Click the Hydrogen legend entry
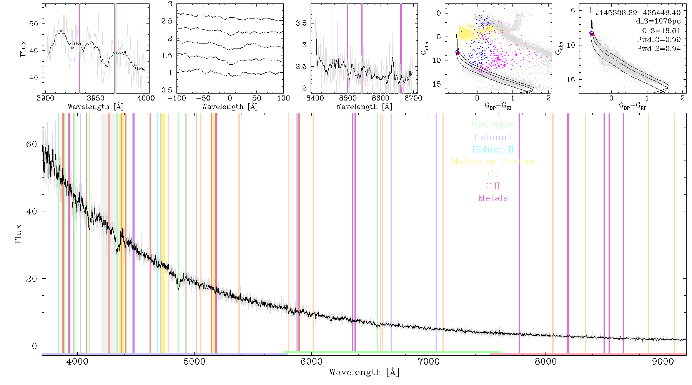[x=493, y=124]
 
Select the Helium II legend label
[x=493, y=149]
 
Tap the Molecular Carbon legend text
[x=493, y=162]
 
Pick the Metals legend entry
[x=493, y=198]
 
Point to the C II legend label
[x=493, y=186]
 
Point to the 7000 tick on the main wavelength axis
[x=428, y=362]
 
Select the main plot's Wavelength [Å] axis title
[x=364, y=372]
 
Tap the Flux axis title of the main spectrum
[x=18, y=234]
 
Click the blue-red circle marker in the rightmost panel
[x=592, y=34]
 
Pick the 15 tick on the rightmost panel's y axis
[x=571, y=79]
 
